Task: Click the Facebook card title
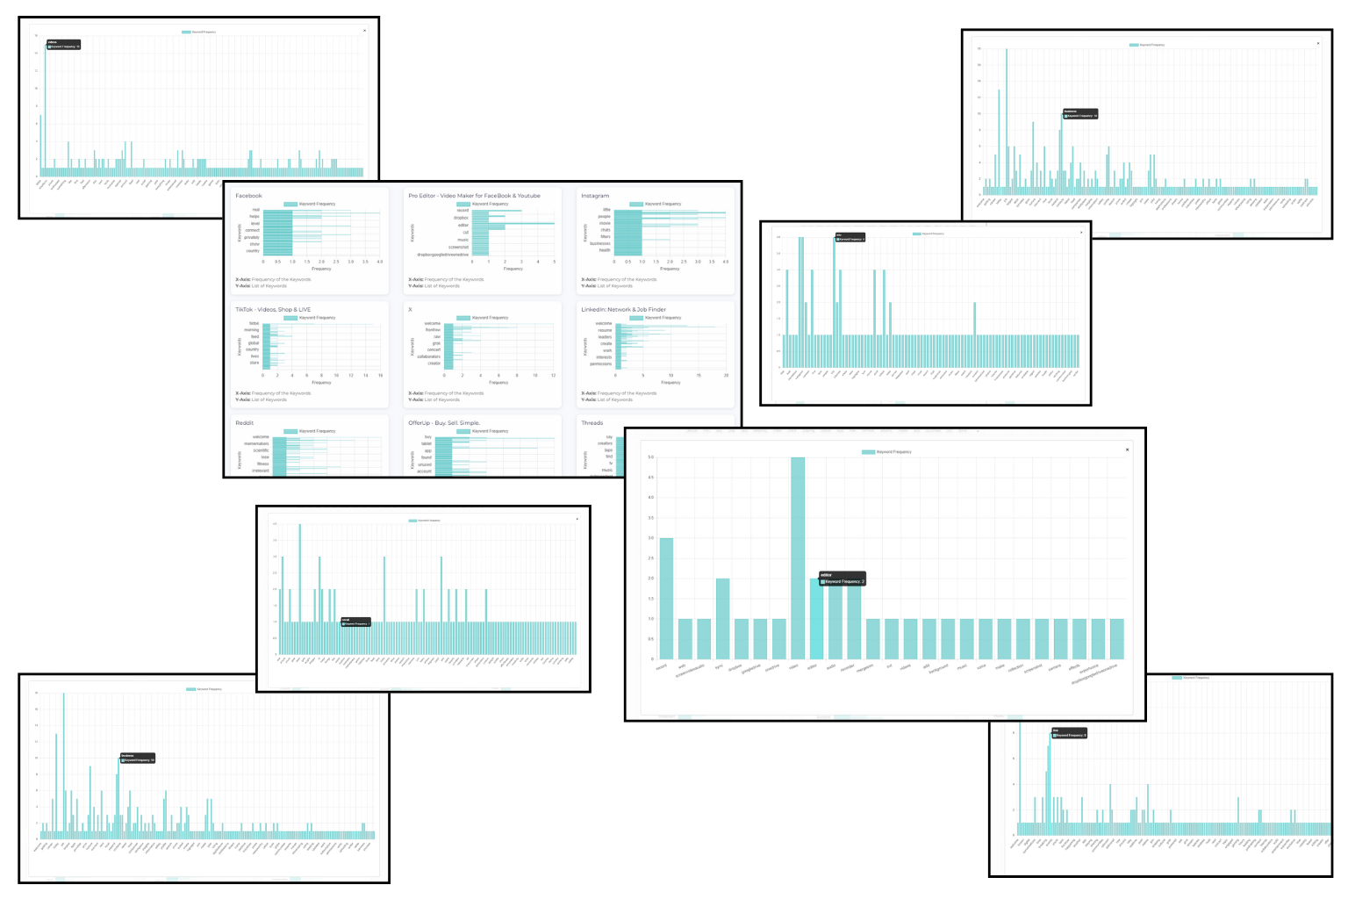click(x=248, y=196)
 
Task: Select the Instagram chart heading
click(x=595, y=196)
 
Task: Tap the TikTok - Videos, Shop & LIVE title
click(x=273, y=310)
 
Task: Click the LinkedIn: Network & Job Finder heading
click(x=623, y=310)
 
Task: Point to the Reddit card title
click(x=245, y=423)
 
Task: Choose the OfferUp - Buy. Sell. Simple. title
click(x=444, y=423)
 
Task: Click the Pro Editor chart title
click(x=474, y=196)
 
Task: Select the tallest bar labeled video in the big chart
click(x=798, y=557)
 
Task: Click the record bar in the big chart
click(x=666, y=598)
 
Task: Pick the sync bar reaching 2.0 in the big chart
click(x=722, y=618)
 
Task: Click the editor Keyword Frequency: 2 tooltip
click(x=842, y=579)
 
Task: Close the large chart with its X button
click(x=1128, y=449)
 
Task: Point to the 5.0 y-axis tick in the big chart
click(x=651, y=457)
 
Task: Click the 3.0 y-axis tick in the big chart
click(x=651, y=538)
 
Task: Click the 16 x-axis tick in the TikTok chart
click(x=380, y=376)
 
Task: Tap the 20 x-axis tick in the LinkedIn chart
click(x=726, y=376)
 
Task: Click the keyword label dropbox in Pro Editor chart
click(x=461, y=218)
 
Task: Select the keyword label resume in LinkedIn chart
click(x=605, y=330)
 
